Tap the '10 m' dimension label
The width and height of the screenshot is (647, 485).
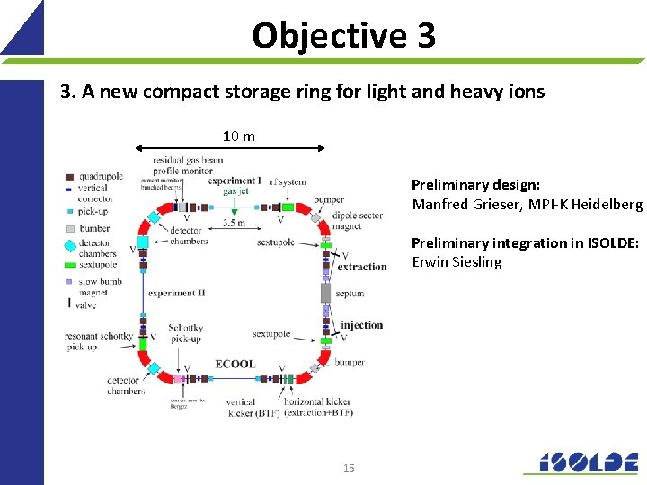click(x=239, y=136)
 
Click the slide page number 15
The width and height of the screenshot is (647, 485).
click(x=349, y=467)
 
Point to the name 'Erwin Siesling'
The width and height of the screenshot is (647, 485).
click(x=456, y=262)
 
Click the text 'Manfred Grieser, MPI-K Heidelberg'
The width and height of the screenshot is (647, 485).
click(x=527, y=204)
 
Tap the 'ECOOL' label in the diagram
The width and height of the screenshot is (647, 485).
click(x=235, y=364)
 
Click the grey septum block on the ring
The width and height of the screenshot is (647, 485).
click(x=326, y=293)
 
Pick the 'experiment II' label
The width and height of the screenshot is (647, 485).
click(x=176, y=293)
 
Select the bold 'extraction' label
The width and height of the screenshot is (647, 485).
click(x=361, y=267)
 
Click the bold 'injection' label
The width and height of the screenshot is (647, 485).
click(x=361, y=325)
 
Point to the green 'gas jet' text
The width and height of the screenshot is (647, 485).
click(x=235, y=190)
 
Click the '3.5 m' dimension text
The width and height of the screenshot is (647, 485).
click(x=235, y=223)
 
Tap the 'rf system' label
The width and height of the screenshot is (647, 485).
click(x=288, y=181)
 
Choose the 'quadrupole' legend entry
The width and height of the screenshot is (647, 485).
click(x=100, y=176)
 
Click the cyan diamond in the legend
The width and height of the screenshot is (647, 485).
click(x=69, y=242)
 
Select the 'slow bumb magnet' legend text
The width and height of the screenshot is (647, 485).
click(x=99, y=287)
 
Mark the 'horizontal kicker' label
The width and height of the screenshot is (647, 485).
click(x=315, y=402)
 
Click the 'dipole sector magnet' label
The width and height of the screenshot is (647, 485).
click(x=358, y=221)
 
